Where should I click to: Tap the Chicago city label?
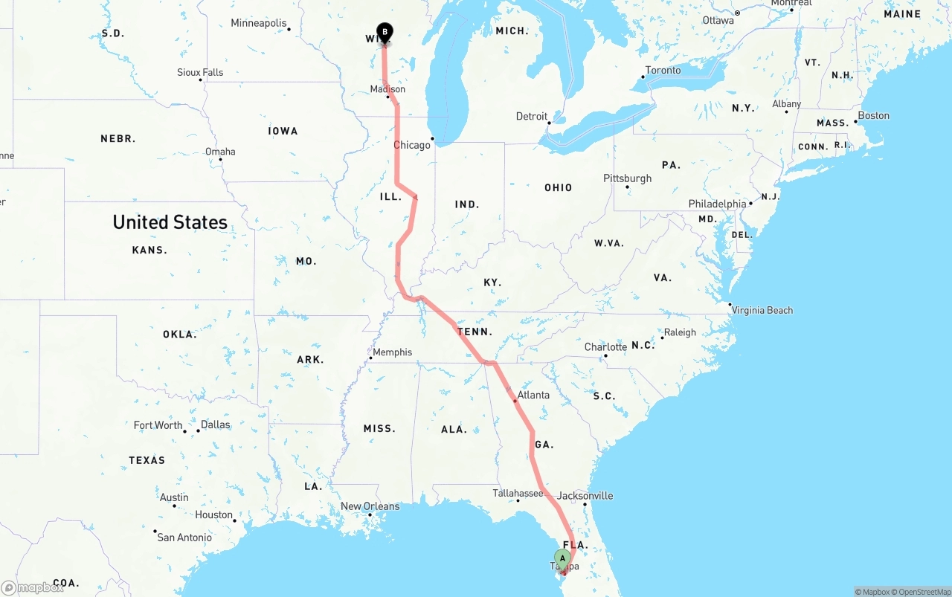tap(411, 145)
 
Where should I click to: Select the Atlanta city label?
tap(533, 395)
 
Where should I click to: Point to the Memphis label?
tap(392, 352)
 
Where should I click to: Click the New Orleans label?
tap(370, 506)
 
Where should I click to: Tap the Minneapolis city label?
tap(258, 23)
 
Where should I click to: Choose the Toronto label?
tap(663, 71)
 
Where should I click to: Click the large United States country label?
tap(170, 222)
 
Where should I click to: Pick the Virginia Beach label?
tap(762, 310)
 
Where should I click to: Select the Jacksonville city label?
tap(585, 495)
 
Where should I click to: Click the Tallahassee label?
tap(518, 493)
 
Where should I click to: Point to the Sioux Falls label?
tap(200, 72)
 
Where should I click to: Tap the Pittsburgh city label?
tap(627, 178)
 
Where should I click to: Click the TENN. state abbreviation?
tap(475, 332)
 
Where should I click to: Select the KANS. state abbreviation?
tap(149, 250)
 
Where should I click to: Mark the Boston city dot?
tap(855, 121)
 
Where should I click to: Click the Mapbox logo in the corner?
tap(33, 588)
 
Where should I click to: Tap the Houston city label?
tap(213, 514)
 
